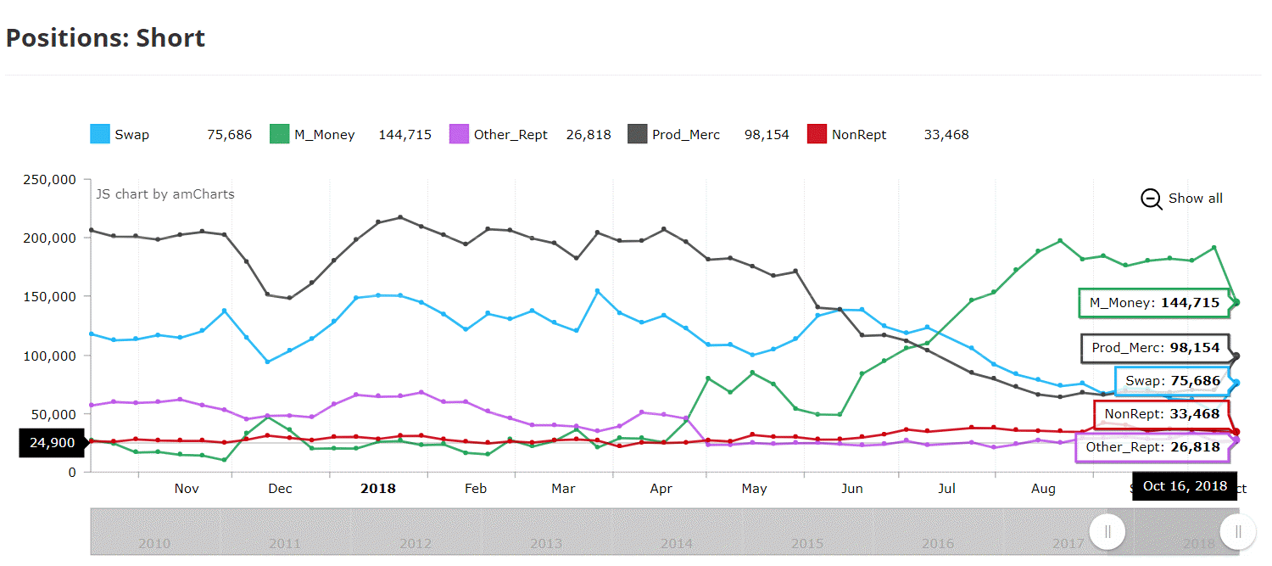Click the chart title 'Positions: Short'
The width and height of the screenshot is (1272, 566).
tap(106, 38)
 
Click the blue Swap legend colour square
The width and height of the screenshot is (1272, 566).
tap(100, 134)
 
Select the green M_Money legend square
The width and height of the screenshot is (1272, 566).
tap(280, 134)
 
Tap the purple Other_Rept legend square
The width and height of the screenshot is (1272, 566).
tap(459, 134)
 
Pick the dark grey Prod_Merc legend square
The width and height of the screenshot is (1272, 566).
tap(638, 134)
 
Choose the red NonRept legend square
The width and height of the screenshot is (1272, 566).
tap(817, 134)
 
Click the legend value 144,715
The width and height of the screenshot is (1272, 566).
tap(404, 134)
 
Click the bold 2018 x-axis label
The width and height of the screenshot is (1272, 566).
tap(378, 489)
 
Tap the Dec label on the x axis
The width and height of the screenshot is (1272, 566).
tap(280, 489)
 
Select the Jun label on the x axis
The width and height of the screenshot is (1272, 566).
tap(852, 489)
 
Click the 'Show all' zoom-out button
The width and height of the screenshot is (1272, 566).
tap(1183, 199)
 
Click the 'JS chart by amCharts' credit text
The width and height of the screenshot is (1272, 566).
tap(165, 194)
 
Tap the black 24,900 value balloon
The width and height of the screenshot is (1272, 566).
tap(52, 442)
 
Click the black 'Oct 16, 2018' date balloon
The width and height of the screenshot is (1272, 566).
tap(1185, 486)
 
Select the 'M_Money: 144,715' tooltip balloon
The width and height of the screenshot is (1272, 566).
tap(1153, 303)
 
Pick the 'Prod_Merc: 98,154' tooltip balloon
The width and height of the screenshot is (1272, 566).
tap(1154, 348)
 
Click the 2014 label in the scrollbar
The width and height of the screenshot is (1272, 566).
tap(677, 543)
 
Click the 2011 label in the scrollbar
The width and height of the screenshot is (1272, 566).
tap(285, 543)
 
